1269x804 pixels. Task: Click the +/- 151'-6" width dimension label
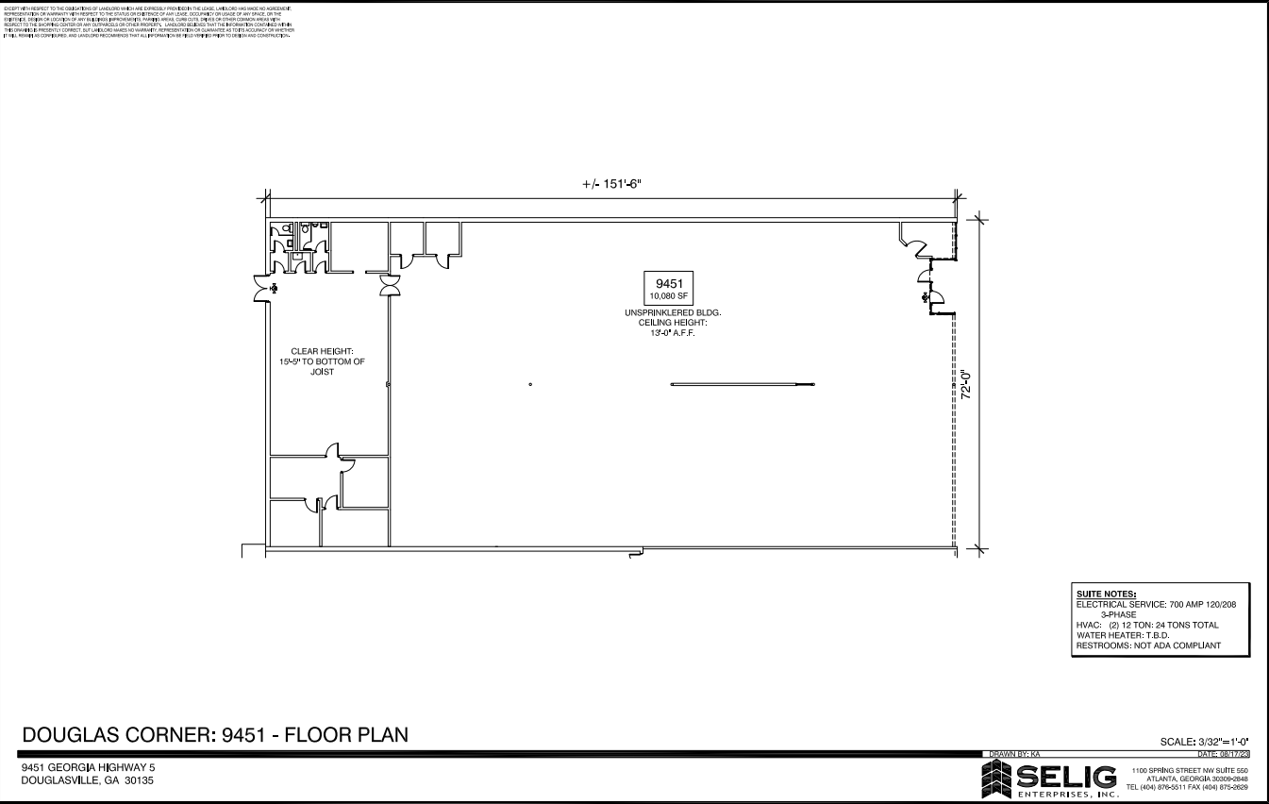613,184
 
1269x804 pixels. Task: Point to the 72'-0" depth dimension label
966,385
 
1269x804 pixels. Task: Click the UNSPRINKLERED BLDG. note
672,312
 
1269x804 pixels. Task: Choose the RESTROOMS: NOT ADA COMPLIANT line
1148,645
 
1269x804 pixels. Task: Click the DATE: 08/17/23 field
1223,755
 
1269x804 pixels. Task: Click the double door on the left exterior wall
260,288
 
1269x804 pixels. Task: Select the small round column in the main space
531,384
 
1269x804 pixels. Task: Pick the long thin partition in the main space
742,384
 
